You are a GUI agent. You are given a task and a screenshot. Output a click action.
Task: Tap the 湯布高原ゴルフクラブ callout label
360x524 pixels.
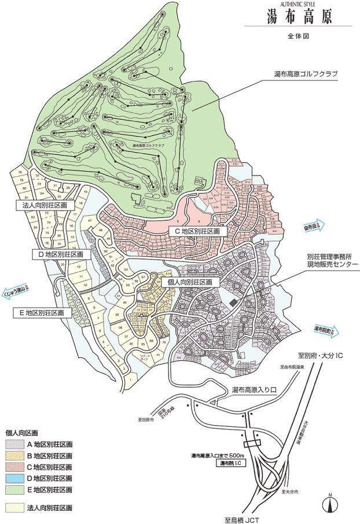[306, 74]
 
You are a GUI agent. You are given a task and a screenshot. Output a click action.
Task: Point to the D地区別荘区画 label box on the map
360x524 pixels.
[57, 254]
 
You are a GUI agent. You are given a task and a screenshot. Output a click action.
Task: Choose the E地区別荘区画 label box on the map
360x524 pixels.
[42, 312]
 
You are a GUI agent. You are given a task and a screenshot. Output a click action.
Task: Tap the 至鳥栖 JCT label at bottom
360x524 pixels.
[247, 519]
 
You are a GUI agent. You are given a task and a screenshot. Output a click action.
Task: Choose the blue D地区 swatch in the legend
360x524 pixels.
[13, 478]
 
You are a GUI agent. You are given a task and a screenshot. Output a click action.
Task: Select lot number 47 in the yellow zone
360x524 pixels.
[90, 221]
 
